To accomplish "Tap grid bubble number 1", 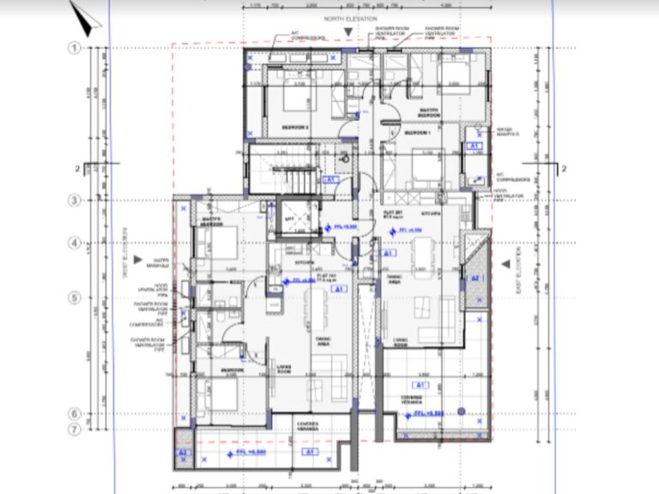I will (75, 49).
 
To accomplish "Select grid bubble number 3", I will (75, 200).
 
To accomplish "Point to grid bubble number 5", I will (75, 298).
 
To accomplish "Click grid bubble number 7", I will (75, 428).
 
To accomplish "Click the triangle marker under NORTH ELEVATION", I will (347, 32).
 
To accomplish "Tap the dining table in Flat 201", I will (422, 255).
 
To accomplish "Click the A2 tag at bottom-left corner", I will (182, 452).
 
